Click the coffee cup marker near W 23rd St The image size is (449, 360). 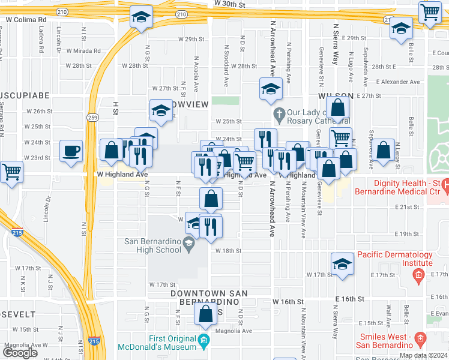pos(71,151)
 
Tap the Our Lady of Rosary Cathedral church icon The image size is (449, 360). pos(279,113)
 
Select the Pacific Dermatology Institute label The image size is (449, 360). pos(395,259)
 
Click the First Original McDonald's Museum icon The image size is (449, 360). pos(204,342)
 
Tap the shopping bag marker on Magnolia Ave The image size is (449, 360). pos(206,314)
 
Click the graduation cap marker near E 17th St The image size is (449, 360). pos(342,264)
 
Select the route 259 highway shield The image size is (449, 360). pos(92,117)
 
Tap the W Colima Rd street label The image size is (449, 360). pos(26,20)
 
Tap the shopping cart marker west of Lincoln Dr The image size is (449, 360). pos(11,172)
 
